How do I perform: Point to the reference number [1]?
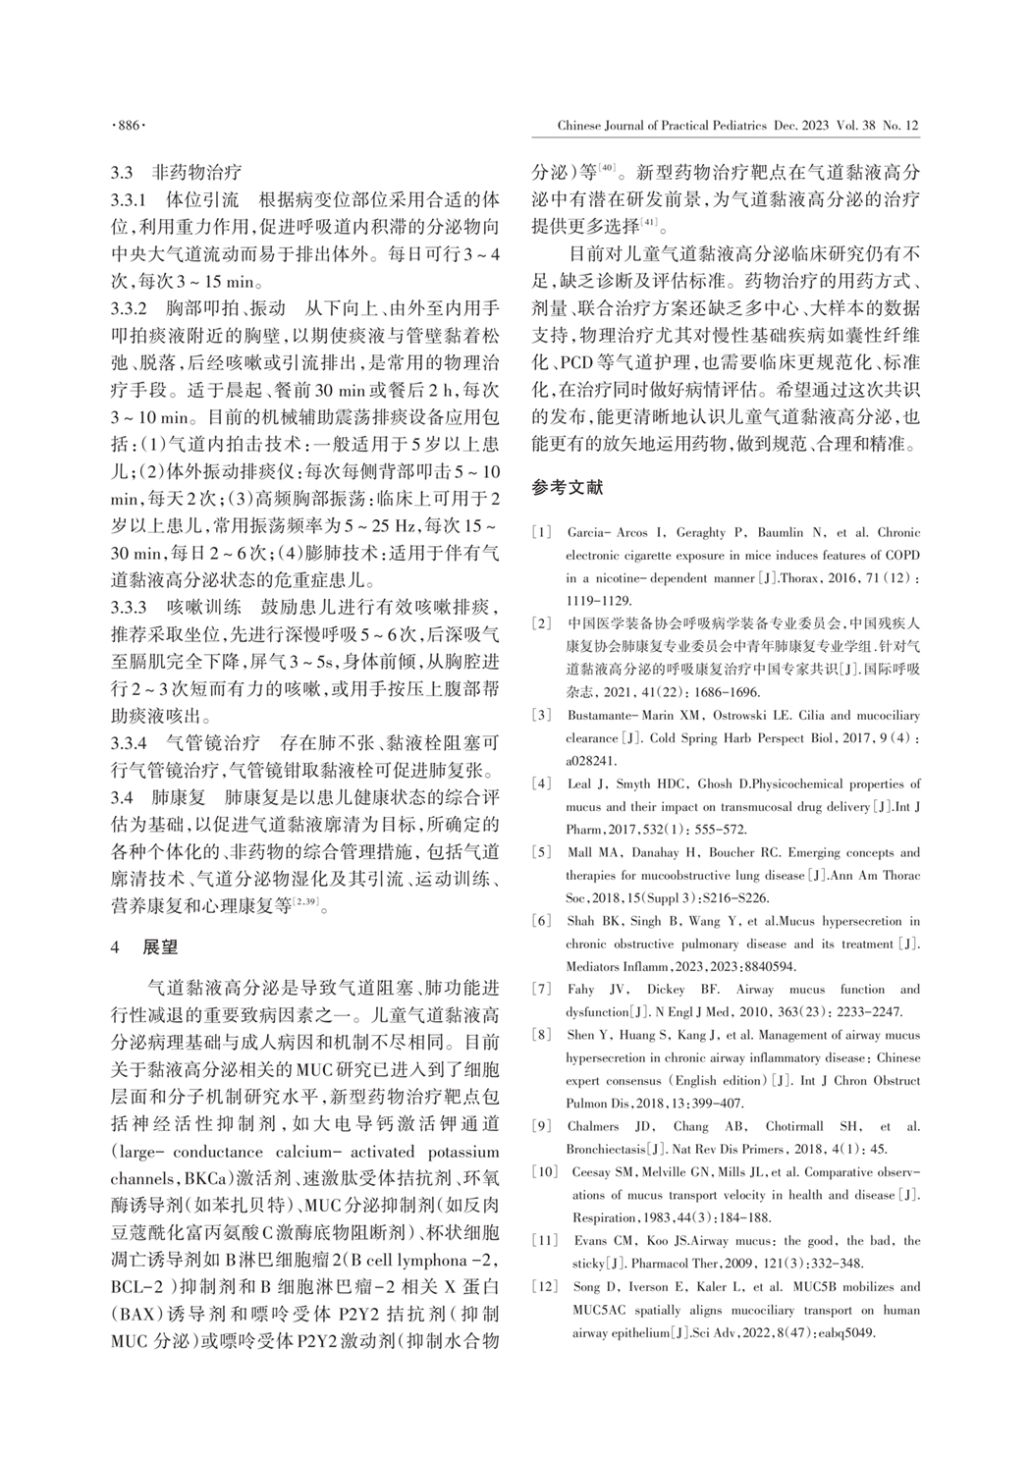pos(541,533)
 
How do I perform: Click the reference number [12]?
pos(545,1286)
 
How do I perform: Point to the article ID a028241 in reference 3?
pos(588,760)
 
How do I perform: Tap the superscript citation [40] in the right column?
pos(608,169)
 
